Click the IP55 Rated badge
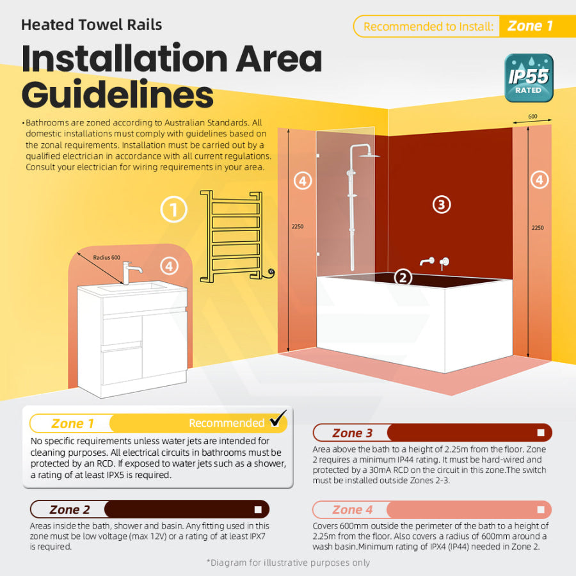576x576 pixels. click(x=529, y=78)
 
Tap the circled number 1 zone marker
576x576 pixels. click(x=173, y=209)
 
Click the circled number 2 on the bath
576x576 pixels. click(x=403, y=278)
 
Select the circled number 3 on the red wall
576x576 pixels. click(x=442, y=205)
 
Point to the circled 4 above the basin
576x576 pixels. click(x=170, y=266)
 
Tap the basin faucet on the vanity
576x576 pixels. click(x=131, y=273)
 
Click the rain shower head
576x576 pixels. click(x=369, y=156)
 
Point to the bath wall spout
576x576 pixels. click(x=427, y=262)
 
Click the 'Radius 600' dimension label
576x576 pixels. click(x=106, y=257)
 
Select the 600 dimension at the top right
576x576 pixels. click(x=532, y=116)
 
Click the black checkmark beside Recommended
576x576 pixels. click(x=278, y=419)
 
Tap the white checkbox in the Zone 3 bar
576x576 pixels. click(x=541, y=433)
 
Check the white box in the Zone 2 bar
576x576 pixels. click(x=258, y=509)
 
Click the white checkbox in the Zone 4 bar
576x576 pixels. click(x=541, y=510)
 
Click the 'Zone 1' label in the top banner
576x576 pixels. click(x=530, y=26)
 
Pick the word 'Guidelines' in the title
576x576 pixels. click(x=118, y=95)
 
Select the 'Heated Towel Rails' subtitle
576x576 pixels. click(x=92, y=25)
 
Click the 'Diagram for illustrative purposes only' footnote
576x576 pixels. click(x=289, y=563)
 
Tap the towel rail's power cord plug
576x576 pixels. click(x=271, y=273)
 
